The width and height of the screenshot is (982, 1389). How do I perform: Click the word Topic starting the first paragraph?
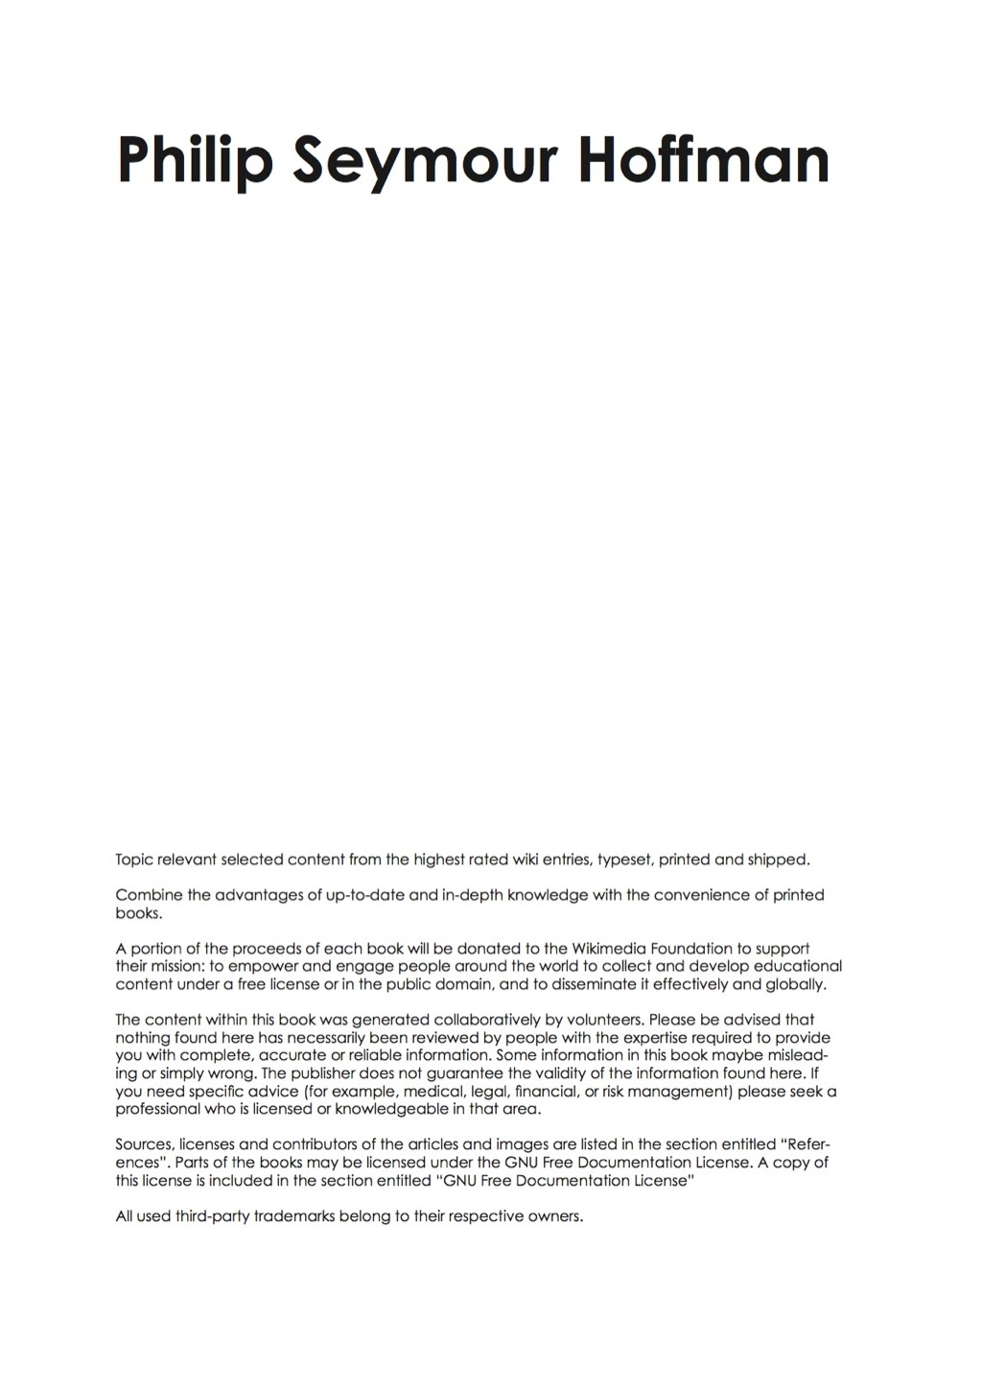point(133,859)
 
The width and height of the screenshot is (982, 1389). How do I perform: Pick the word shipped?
point(779,859)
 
